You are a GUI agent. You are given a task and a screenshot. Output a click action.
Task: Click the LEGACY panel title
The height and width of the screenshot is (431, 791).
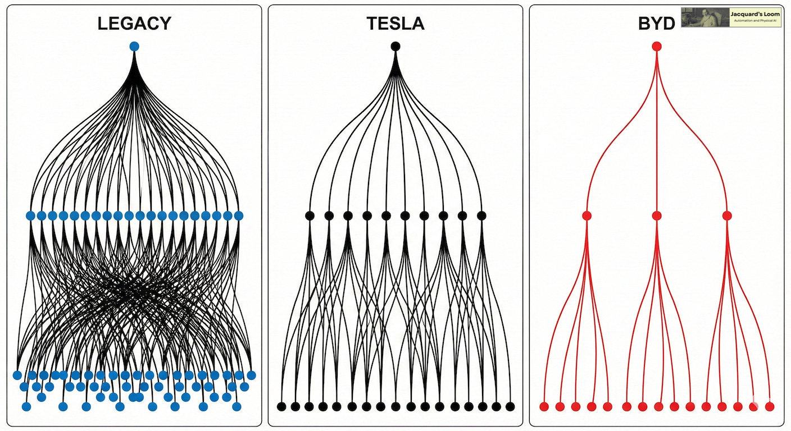[134, 24]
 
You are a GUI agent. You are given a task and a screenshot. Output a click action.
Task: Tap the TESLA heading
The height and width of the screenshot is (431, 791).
[395, 24]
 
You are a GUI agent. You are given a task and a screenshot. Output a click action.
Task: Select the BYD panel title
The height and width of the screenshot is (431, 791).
[657, 24]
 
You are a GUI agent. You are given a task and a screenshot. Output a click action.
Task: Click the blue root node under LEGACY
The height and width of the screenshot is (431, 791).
[134, 46]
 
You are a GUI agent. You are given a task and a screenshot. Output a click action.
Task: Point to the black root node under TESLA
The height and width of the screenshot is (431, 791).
[395, 46]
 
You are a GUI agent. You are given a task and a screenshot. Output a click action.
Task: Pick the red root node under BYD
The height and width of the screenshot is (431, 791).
[657, 46]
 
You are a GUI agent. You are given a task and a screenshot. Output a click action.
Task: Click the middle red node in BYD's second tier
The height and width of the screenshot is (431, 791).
[657, 215]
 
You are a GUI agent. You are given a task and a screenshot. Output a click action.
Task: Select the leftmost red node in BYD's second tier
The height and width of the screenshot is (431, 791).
[587, 215]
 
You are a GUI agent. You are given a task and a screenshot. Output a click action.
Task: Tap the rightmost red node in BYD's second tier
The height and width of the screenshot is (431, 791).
[727, 215]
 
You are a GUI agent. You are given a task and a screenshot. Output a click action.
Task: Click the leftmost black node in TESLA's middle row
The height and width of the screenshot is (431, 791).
[310, 215]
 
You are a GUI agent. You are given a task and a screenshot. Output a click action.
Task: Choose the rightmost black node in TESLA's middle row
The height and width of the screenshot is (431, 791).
[481, 215]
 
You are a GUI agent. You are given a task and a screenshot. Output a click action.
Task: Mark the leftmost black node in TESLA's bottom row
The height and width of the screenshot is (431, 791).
[281, 407]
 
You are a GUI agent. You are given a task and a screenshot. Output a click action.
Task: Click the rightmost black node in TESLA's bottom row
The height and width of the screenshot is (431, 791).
[510, 407]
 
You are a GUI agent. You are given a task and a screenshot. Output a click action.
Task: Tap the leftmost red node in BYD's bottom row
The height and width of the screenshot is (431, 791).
[544, 407]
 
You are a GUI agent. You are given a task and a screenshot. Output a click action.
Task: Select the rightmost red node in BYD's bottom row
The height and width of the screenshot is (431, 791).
[770, 407]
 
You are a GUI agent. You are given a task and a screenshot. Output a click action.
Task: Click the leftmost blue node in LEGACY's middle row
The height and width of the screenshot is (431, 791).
[31, 215]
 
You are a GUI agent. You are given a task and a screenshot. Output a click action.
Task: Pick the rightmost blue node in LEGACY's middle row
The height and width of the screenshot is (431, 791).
[239, 215]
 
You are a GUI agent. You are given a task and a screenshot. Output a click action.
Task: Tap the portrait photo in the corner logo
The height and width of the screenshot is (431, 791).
[705, 17]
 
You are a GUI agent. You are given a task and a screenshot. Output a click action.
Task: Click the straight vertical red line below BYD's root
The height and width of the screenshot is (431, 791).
[657, 131]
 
